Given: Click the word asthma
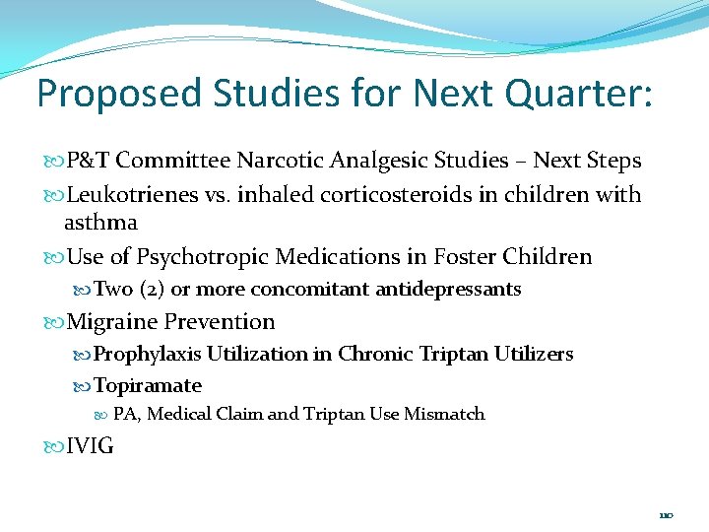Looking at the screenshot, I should [x=100, y=223].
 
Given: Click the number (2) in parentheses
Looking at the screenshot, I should [x=153, y=290].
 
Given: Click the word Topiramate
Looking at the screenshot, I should [x=148, y=385].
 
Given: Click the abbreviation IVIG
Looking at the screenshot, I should [x=89, y=446].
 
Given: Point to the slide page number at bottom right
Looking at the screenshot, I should [x=665, y=514].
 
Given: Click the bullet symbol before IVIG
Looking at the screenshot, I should [x=53, y=447].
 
